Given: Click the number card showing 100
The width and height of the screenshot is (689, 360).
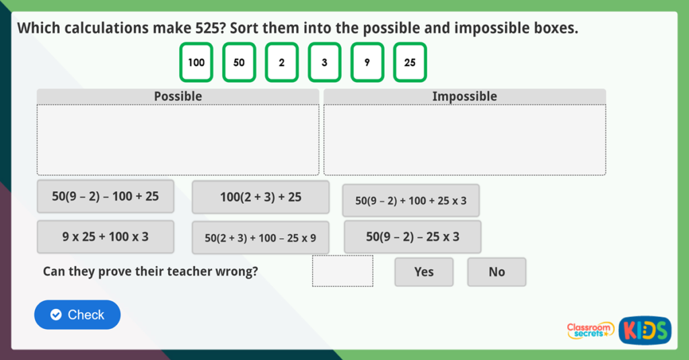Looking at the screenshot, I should [x=196, y=63].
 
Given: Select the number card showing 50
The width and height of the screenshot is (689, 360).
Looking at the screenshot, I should [x=239, y=63].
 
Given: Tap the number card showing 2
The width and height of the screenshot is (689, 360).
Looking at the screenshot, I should [x=281, y=63].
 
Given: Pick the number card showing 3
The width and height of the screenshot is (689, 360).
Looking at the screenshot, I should [x=324, y=63].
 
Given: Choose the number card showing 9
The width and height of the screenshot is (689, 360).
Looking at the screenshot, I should [x=367, y=63].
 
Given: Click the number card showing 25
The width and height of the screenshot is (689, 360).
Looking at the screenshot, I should [x=410, y=63].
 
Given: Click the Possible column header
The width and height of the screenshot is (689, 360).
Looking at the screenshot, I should [x=178, y=96].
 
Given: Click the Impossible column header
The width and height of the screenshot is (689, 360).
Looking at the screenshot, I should [x=464, y=96].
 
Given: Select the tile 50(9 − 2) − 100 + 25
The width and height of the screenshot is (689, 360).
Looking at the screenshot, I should [x=106, y=196].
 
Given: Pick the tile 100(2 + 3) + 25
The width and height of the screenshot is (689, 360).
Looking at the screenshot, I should [x=260, y=197].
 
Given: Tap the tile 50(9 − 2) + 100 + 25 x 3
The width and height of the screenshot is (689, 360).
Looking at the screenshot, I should [x=411, y=201].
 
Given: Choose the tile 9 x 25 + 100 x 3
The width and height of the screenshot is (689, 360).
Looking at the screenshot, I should [x=106, y=237].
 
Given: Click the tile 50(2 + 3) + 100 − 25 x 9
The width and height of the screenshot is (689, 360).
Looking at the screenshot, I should [x=260, y=238].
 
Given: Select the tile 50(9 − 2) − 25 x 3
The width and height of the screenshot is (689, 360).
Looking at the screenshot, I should [x=412, y=237].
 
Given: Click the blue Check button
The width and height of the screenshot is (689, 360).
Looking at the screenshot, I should [x=77, y=315].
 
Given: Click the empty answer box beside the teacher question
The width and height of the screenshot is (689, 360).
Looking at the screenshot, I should [x=342, y=271].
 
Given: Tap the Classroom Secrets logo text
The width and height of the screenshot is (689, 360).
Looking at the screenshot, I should [x=590, y=329].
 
